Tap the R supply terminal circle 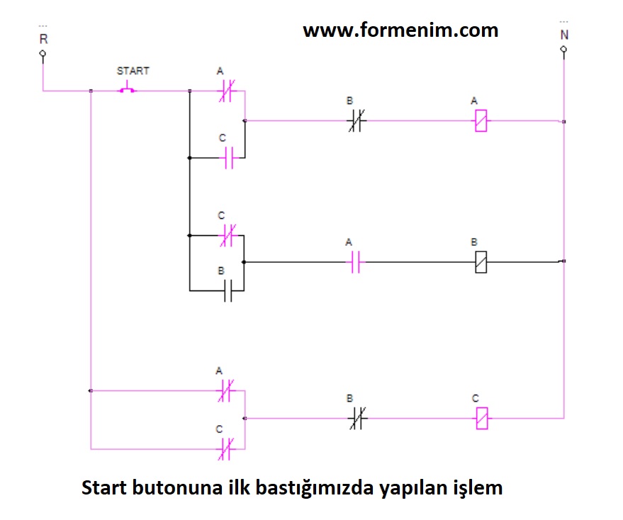(43, 53)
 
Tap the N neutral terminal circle (563, 50)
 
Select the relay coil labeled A (481, 121)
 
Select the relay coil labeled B (481, 262)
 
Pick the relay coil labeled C (481, 418)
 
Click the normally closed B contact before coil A (354, 121)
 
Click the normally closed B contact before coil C (354, 419)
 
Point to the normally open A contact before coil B (354, 262)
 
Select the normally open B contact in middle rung (228, 290)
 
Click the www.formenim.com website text (400, 30)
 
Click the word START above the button (133, 71)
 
